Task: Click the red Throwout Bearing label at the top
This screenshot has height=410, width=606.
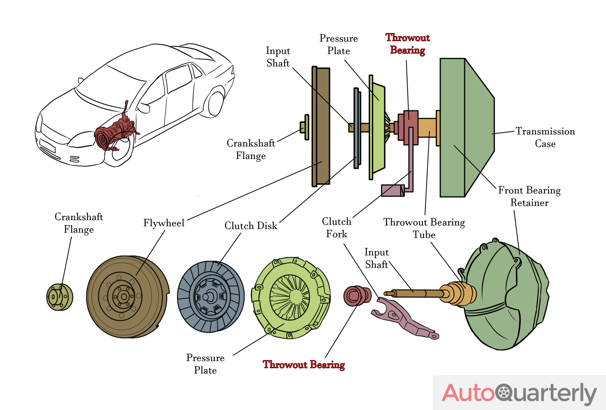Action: (407, 44)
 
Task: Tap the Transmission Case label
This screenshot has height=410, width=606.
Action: (545, 137)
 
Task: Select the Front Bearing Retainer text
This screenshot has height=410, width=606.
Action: (529, 196)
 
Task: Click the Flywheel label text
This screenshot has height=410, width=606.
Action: (164, 223)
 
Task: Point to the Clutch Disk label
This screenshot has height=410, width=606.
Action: (251, 226)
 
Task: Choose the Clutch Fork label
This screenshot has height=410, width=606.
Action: (336, 228)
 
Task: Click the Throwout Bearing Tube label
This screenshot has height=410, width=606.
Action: (424, 228)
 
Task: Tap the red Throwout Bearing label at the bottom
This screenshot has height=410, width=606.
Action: (304, 364)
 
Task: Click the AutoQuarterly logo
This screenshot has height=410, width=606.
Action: (519, 393)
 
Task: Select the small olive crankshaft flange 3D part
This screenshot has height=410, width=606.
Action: (59, 297)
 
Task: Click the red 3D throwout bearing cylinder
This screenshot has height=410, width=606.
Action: (357, 296)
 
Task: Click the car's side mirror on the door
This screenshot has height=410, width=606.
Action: (144, 108)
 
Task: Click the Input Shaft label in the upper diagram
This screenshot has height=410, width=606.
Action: (278, 57)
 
